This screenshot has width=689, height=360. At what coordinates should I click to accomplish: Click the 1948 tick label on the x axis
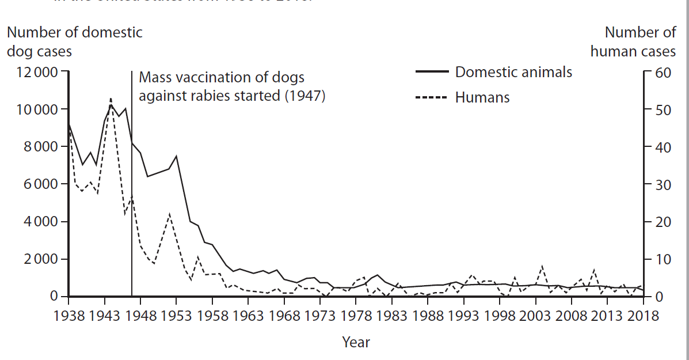coord(140,316)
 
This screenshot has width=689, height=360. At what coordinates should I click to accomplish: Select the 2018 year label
coord(643,316)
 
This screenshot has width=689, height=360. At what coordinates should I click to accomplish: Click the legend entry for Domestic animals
coord(513,71)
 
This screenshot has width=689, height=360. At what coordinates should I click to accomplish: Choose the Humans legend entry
coord(482,97)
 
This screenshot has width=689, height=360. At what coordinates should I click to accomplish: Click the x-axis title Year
coord(356,342)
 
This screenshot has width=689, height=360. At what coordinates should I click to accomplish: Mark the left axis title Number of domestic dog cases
coord(74,41)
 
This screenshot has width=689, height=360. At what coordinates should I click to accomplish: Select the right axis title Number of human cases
coord(633,41)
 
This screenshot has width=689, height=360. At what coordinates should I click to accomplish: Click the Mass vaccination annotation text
coord(232,86)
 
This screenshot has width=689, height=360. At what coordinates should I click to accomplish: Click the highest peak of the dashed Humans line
coord(111,98)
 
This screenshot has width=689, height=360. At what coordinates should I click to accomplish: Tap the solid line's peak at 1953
coord(176,156)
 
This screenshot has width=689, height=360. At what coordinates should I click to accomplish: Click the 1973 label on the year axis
coord(319,316)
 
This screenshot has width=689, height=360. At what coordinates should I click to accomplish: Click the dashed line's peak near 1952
coord(170,214)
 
